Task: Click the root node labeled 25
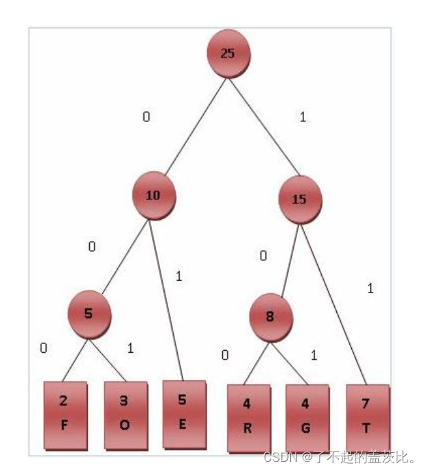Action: (x=228, y=53)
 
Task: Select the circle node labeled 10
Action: (x=154, y=195)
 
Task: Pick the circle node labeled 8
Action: (x=271, y=317)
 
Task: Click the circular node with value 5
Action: (x=89, y=314)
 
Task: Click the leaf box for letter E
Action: (x=183, y=412)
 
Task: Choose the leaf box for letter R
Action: (x=248, y=417)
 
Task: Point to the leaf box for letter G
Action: (x=306, y=417)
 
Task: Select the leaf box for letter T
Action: (x=367, y=417)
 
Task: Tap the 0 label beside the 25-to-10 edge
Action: (x=146, y=116)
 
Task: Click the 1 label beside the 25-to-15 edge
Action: (x=303, y=117)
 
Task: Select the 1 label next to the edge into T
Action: (x=370, y=288)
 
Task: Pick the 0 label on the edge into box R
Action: (x=224, y=355)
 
